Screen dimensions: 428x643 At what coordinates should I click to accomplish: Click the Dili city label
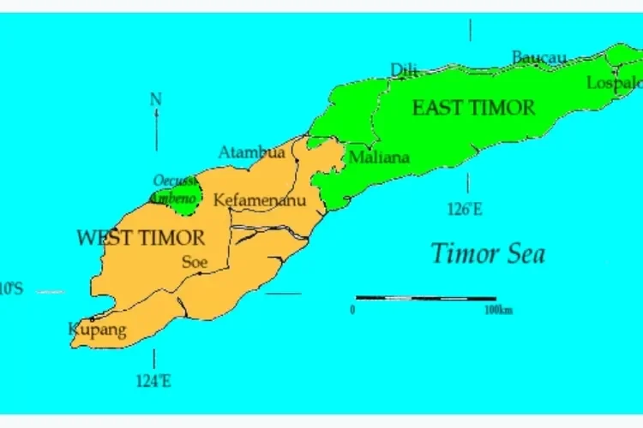pos(404,69)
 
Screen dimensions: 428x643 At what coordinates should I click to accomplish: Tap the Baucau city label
pos(538,57)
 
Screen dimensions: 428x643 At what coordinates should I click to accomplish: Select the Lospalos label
pos(614,83)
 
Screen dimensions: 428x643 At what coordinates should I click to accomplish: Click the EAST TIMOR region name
pos(473,108)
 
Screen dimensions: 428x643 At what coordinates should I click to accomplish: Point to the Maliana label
pos(378,158)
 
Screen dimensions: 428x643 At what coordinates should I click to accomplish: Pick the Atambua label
pos(251,152)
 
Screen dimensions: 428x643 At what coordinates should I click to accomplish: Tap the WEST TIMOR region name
pos(141,238)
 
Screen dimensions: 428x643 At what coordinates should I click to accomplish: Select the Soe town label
pos(195,262)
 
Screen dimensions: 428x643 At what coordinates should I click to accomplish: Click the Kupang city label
pos(96,330)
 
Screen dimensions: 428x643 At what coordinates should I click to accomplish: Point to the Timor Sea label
pos(487,253)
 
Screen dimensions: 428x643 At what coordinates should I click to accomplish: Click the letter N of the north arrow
pos(155,99)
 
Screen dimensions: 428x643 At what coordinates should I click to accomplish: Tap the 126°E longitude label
pos(465,209)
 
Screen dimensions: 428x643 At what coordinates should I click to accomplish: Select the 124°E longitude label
pos(153,382)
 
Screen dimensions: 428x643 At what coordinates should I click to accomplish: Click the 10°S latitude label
pos(11,289)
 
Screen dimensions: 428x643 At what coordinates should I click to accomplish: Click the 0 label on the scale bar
pos(352,310)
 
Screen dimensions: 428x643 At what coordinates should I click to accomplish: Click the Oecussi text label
pos(176,181)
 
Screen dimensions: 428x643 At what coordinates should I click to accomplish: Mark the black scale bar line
pos(425,299)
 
